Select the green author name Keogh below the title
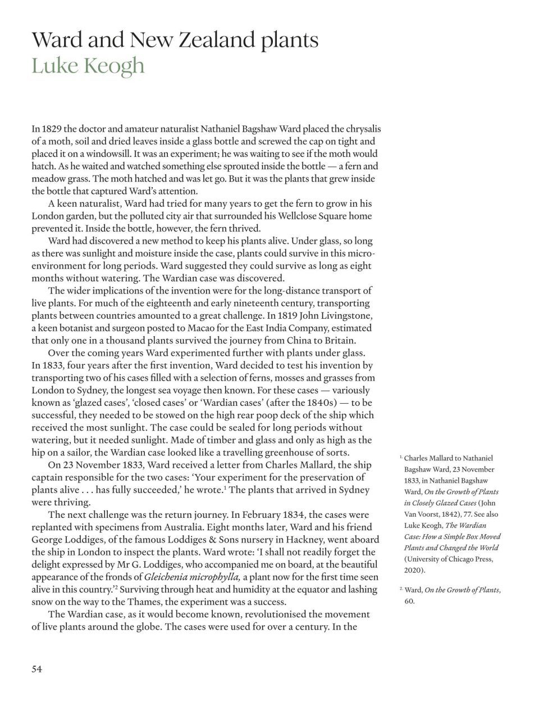click(x=116, y=66)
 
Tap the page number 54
click(x=37, y=668)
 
